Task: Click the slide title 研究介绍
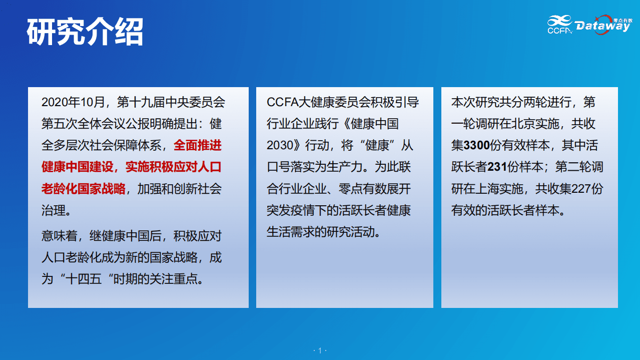85,32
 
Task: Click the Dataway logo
602,26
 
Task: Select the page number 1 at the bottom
320,350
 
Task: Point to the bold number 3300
476,146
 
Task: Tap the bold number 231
497,167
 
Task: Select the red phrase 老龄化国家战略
83,189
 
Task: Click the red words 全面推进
198,146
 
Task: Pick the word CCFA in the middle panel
282,103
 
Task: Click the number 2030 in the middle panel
280,146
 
